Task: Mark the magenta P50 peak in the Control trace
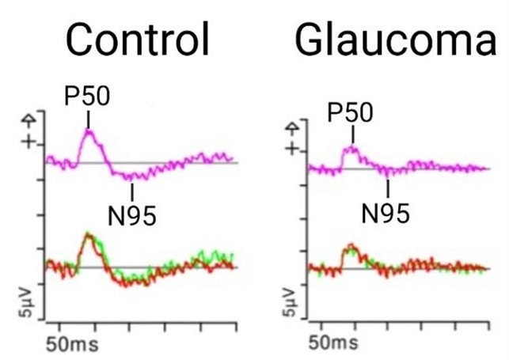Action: tap(89, 131)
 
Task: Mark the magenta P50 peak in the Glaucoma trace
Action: tap(351, 148)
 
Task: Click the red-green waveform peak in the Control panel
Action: tap(89, 235)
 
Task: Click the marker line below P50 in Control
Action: tap(88, 119)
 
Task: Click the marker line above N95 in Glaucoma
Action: tap(388, 188)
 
